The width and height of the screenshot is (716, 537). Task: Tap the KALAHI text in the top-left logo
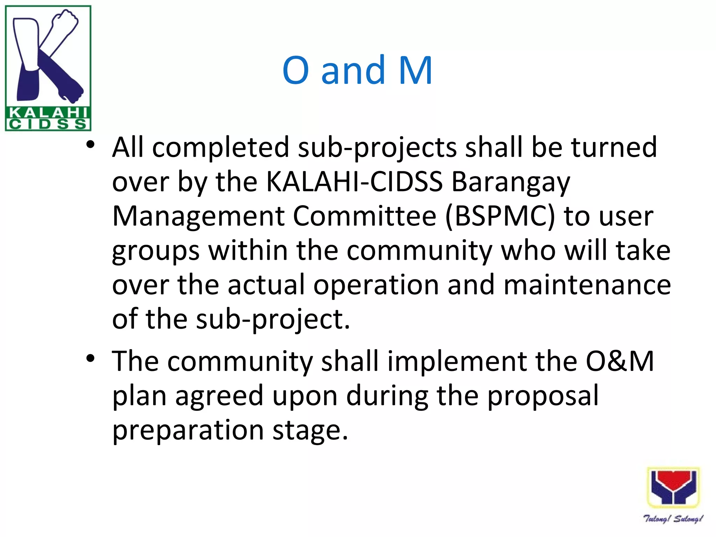click(48, 113)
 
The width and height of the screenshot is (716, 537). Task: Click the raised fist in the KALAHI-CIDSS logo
click(65, 22)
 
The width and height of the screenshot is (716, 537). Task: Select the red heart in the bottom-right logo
click(673, 481)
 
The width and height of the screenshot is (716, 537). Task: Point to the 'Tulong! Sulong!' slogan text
click(673, 518)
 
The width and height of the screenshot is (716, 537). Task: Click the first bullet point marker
click(91, 145)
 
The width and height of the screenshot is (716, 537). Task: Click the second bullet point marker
click(91, 359)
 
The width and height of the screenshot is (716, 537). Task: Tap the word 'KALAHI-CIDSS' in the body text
click(354, 182)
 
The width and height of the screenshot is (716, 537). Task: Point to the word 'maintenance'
click(587, 285)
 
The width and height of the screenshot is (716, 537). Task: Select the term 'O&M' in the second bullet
click(620, 361)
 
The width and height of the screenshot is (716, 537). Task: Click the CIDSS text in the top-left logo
click(48, 124)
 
